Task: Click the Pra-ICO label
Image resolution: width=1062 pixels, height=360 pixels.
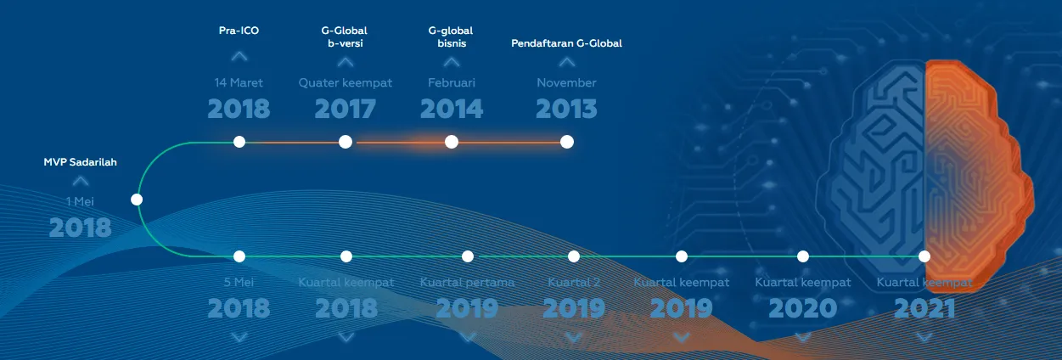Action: click(x=239, y=31)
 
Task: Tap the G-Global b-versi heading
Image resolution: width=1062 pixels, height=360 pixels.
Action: click(x=345, y=37)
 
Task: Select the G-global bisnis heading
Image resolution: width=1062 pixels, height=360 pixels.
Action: click(x=451, y=37)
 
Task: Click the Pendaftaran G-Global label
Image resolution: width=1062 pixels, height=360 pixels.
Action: click(x=566, y=43)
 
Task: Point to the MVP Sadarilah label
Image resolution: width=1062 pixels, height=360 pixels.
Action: click(x=80, y=162)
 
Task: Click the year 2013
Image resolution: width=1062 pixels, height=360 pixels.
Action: click(x=566, y=109)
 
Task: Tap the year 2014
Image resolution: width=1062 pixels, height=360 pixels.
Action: click(x=452, y=109)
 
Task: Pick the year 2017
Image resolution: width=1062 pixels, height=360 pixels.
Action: click(x=346, y=109)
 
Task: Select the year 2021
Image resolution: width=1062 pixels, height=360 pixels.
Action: click(x=924, y=308)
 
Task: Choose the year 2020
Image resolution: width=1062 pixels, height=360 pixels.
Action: click(x=803, y=308)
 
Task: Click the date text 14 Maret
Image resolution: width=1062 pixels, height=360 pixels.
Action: click(x=239, y=82)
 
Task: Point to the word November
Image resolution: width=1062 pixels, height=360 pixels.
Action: click(x=566, y=82)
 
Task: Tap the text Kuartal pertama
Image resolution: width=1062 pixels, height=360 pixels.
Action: click(x=467, y=282)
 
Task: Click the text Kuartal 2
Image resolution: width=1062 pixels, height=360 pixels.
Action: click(x=574, y=282)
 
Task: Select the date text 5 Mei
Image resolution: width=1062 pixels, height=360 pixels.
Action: click(x=239, y=282)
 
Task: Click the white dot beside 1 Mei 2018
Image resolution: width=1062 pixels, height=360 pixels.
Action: click(x=137, y=200)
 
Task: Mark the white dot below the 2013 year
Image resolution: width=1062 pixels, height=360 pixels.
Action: click(x=567, y=142)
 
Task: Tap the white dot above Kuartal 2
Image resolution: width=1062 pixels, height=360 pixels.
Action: click(x=574, y=256)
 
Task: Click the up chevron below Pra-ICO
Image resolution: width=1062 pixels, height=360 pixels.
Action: click(x=239, y=57)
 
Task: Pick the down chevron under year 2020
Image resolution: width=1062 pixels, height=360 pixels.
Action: click(x=803, y=337)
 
